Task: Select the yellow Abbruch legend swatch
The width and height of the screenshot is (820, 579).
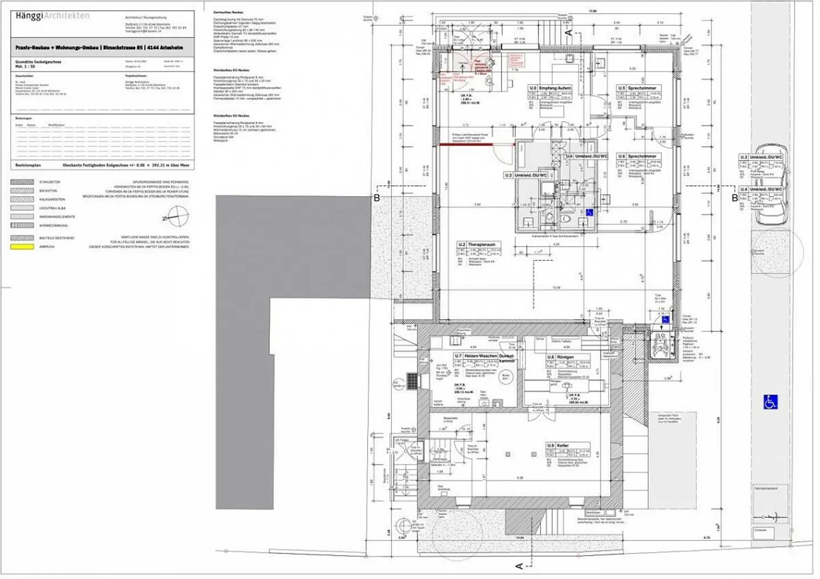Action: click(x=22, y=247)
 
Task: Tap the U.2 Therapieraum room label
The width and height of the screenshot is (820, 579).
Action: click(x=477, y=244)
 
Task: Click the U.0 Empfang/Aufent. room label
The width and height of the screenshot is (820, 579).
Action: click(x=550, y=88)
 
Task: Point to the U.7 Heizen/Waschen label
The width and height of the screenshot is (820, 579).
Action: click(x=475, y=356)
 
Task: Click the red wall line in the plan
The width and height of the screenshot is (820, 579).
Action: click(x=477, y=145)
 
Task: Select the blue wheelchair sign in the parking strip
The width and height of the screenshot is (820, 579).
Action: click(x=770, y=402)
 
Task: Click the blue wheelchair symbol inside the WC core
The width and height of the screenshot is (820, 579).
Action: click(x=589, y=212)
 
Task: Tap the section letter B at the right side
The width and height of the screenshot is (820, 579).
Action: click(x=735, y=198)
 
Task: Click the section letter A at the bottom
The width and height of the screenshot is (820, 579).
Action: click(x=519, y=565)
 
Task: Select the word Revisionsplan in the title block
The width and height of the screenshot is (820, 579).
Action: click(x=28, y=165)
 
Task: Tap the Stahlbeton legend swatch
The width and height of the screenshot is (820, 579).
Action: click(x=22, y=182)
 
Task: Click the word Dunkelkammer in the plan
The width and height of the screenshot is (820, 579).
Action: click(x=507, y=358)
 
